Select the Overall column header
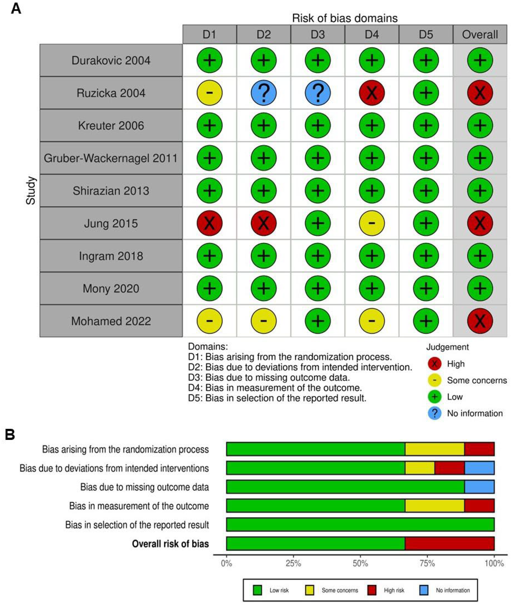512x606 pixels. coord(480,35)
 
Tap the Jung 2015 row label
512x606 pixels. coord(111,223)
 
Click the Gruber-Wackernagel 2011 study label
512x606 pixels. coord(111,158)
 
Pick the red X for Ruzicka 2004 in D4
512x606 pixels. coord(372,93)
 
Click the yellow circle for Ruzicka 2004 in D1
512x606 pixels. coord(210,93)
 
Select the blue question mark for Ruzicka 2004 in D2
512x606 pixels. coord(264,93)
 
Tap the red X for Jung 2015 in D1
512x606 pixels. coord(210,223)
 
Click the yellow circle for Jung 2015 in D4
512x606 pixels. coord(372,223)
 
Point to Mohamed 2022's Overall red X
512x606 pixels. coord(480,321)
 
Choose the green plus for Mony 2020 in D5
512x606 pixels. coord(426,288)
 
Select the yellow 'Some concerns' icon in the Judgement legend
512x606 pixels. coord(434,380)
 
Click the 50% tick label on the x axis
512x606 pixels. coord(360,564)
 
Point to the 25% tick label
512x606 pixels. coord(293,564)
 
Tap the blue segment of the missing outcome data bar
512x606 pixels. coord(479,487)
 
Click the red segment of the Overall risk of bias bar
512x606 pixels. coord(449,543)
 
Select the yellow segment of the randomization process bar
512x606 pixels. coord(434,449)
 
